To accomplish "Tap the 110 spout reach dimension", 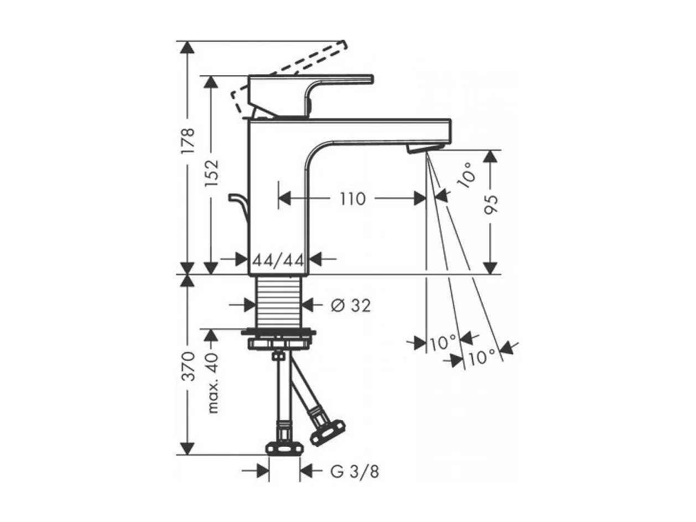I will click(x=352, y=199).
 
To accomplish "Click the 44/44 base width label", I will click(x=278, y=259).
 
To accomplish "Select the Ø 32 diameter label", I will click(x=350, y=305).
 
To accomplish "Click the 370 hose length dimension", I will click(x=189, y=365).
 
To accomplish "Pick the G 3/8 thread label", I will click(x=355, y=472).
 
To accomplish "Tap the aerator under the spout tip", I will click(x=424, y=148).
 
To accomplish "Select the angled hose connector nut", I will click(x=327, y=432).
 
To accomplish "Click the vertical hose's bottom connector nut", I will click(x=284, y=446).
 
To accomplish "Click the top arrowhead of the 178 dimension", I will click(x=188, y=46).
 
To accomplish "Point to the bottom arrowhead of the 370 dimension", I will click(x=188, y=449).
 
